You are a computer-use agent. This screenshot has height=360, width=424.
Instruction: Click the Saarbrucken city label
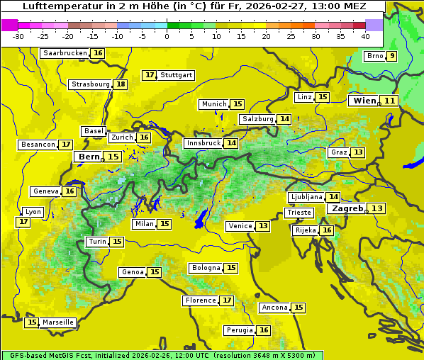click(65, 53)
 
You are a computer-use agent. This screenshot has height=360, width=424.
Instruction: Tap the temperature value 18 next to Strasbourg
click(121, 84)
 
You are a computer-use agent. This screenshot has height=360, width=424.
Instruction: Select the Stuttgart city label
click(177, 75)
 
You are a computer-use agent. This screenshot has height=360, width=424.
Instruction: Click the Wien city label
click(364, 101)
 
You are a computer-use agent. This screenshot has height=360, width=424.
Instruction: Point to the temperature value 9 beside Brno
click(391, 56)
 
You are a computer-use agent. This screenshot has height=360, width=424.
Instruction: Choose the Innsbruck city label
click(203, 143)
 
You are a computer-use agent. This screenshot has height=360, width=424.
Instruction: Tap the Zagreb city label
click(347, 208)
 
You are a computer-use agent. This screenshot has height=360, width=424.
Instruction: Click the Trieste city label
click(299, 213)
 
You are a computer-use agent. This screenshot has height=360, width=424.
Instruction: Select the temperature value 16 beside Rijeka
click(326, 230)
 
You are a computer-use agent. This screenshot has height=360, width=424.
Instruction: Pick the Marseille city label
click(58, 322)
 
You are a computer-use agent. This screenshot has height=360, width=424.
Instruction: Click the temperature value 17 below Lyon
click(23, 222)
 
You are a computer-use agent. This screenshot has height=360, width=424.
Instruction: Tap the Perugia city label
click(239, 330)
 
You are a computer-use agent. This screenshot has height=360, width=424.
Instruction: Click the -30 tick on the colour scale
click(18, 36)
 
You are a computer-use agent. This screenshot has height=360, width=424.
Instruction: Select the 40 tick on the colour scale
click(365, 36)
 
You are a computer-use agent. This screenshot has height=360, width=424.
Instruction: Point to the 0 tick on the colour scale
click(167, 36)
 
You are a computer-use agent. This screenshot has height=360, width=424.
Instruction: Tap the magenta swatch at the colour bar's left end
click(9, 25)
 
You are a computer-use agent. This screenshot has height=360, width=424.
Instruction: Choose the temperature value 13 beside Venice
click(263, 226)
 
